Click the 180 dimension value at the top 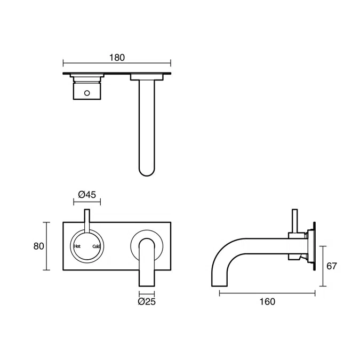[117, 56]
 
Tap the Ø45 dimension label [87, 195]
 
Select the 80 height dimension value [38, 246]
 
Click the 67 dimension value [332, 266]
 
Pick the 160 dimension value [267, 302]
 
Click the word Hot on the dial [77, 246]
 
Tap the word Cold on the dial [96, 246]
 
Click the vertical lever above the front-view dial [86, 220]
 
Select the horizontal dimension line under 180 [117, 63]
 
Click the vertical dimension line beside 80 [49, 246]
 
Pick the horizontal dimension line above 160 [268, 293]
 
